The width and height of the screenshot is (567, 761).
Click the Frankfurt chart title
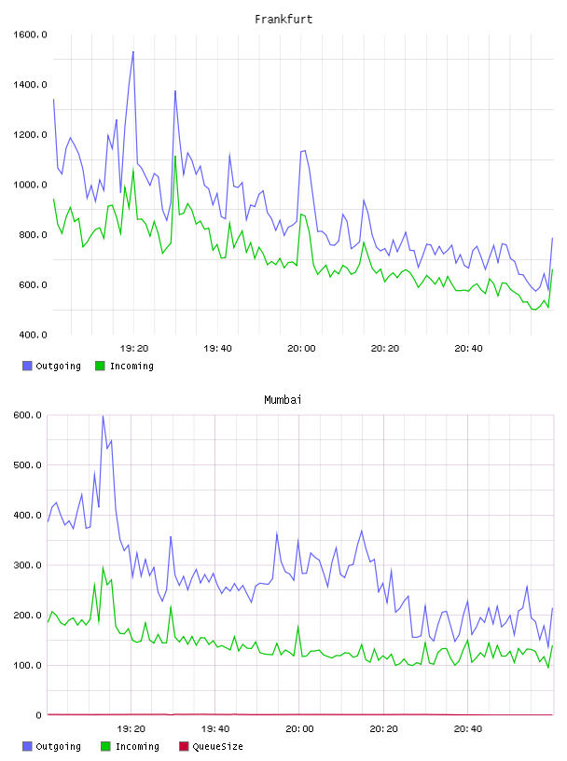283,20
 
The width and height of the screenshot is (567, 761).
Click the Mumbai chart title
283,400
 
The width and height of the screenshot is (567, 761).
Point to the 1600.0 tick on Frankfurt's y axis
30,35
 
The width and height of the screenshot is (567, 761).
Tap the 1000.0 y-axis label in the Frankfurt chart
30,185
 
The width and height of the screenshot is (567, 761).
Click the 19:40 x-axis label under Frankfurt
217,349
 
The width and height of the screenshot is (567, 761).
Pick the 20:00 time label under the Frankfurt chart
301,349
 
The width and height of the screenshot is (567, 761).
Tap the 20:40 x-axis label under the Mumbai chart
468,729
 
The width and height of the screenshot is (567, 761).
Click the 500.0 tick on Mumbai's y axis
28,465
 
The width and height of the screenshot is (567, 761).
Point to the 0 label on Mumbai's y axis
39,715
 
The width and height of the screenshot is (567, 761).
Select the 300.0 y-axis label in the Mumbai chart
28,565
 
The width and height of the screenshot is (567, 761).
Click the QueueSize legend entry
211,746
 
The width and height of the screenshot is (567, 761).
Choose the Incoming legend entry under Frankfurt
124,366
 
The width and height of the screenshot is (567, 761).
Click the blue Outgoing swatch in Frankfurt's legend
27,366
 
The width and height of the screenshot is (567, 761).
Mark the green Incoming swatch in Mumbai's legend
105,746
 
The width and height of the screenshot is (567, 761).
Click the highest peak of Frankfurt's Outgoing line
133,51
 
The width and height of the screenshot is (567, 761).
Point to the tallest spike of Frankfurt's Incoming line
175,156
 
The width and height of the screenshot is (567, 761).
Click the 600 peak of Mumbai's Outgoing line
103,416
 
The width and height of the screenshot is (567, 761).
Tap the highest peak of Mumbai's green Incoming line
103,567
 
